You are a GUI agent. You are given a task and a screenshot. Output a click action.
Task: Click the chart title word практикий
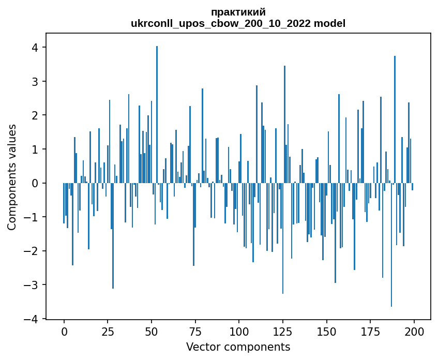(238, 12)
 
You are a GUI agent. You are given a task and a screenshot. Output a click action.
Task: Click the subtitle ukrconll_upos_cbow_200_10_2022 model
(238, 23)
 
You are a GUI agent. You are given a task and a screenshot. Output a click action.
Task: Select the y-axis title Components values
(12, 177)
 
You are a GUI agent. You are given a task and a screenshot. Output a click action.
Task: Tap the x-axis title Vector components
(238, 347)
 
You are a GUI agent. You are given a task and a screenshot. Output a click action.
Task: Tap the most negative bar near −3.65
(391, 245)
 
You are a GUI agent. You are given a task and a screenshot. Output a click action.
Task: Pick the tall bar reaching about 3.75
(395, 119)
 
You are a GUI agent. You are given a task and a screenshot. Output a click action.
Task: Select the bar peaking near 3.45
(284, 124)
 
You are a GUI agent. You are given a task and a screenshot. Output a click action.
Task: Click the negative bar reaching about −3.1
(113, 236)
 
